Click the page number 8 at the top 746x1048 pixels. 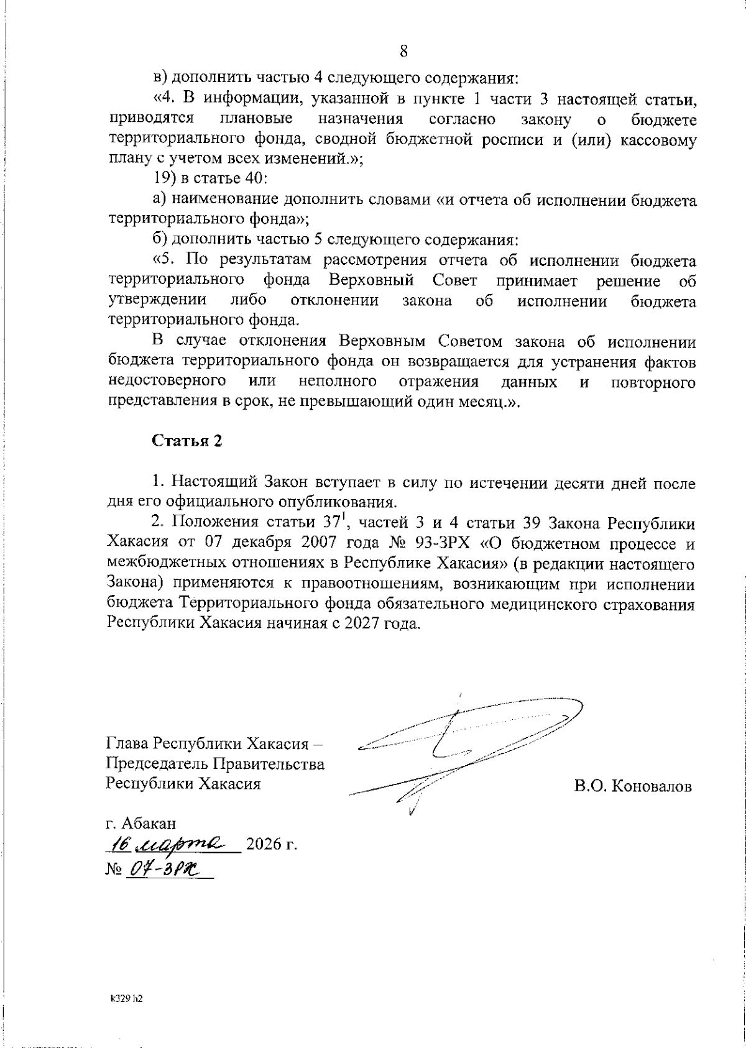click(403, 51)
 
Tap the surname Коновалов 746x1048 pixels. click(651, 786)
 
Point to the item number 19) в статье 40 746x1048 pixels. click(210, 179)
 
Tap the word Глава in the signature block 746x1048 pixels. click(127, 744)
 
